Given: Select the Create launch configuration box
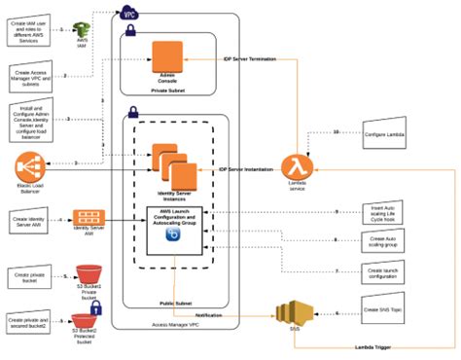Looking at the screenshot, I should tap(387, 271).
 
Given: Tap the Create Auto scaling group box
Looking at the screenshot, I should tap(387, 240).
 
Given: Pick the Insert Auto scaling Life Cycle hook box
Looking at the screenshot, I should tap(387, 212).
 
